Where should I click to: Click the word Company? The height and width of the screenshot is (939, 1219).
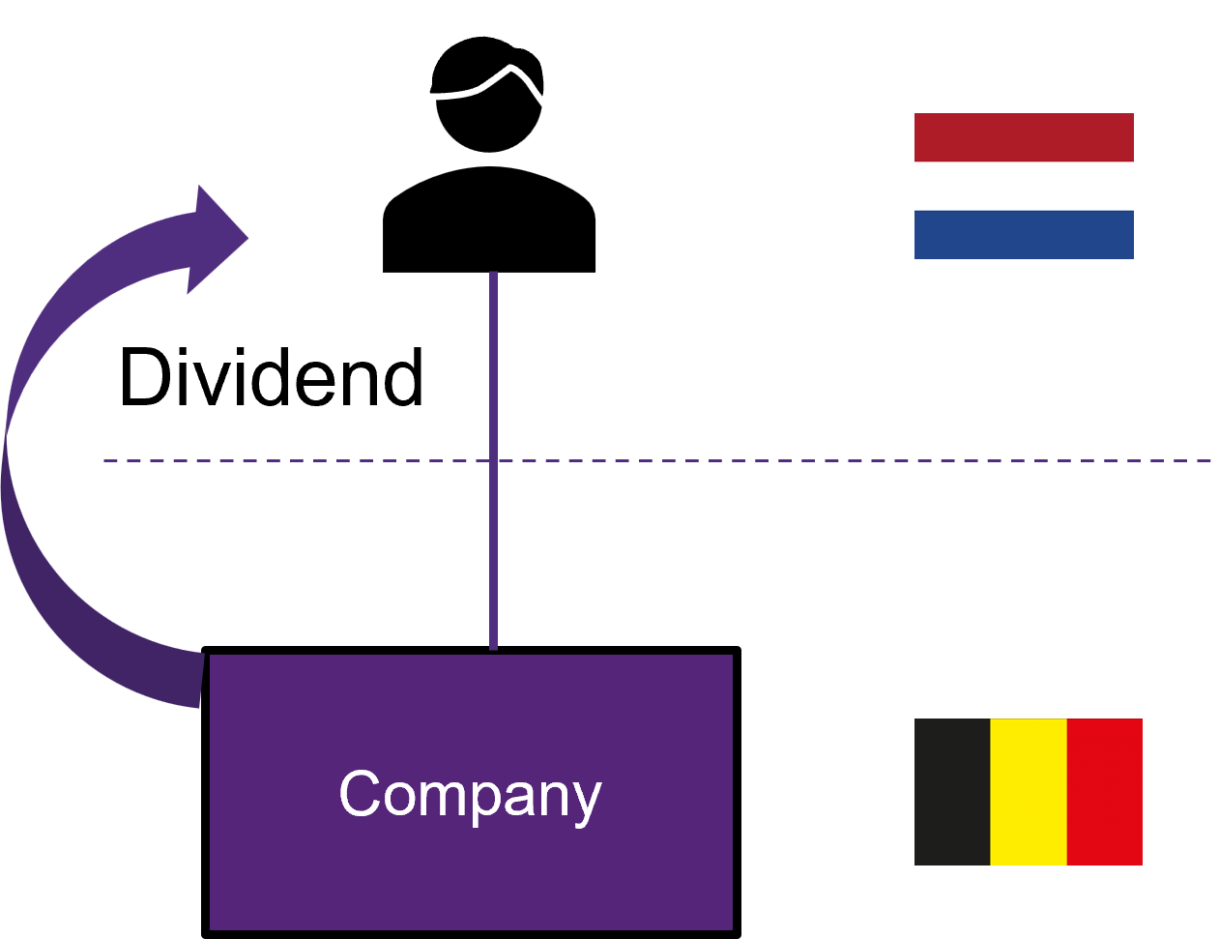click(470, 794)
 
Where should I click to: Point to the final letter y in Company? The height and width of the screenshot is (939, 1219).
click(586, 801)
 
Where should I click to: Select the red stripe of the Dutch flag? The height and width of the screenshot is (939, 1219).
click(1024, 137)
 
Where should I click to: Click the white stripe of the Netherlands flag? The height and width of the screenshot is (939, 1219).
click(1024, 186)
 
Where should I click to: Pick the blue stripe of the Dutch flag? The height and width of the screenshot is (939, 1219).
click(1024, 234)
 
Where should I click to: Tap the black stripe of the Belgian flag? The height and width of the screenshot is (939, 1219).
click(952, 791)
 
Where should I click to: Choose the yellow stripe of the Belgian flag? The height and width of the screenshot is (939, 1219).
click(1028, 791)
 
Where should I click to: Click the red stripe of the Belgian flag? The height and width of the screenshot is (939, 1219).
click(1104, 791)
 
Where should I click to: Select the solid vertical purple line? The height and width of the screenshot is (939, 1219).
click(493, 367)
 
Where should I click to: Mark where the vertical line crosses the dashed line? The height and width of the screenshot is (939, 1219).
click(493, 460)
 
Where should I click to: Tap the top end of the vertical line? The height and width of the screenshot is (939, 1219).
click(493, 275)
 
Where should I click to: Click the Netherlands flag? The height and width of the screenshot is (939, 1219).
click(1024, 186)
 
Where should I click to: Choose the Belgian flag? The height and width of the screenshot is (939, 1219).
click(1028, 791)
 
